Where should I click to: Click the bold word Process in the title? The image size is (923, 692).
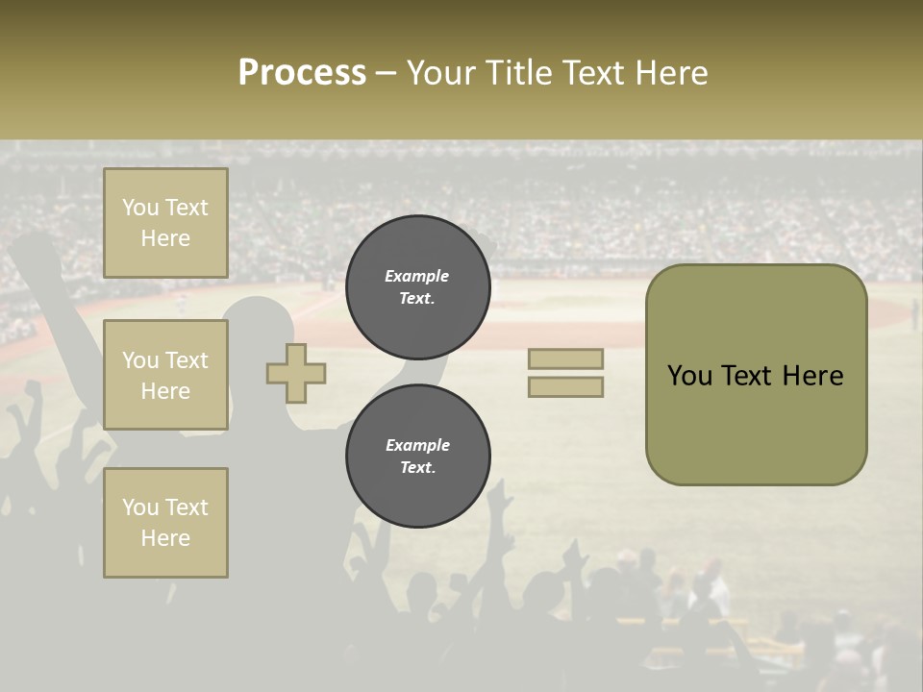302,72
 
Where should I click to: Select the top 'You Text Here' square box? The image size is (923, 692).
165,223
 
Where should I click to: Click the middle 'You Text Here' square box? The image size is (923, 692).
165,375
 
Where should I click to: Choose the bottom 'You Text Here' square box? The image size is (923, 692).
165,523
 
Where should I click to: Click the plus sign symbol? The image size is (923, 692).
296,373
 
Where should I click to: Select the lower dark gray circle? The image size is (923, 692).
417,456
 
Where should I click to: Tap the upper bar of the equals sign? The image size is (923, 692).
565,358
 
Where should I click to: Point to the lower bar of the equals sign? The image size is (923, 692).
565,386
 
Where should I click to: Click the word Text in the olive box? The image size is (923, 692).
752,376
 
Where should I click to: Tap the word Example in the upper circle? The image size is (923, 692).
417,276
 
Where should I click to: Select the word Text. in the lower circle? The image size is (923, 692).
417,468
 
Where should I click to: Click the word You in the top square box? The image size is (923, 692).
140,208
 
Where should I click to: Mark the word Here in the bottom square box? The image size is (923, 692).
165,538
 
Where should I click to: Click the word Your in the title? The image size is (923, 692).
440,72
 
